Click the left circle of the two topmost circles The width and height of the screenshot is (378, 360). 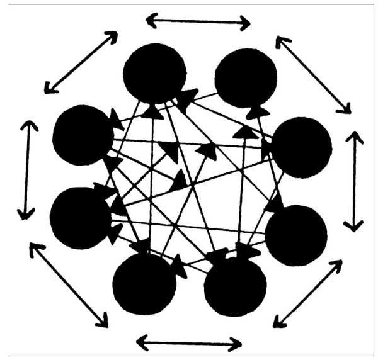(x=154, y=72)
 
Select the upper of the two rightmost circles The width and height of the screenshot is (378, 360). (x=301, y=147)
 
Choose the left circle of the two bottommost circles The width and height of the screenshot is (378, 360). (x=144, y=284)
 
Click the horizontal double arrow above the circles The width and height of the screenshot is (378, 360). (x=198, y=23)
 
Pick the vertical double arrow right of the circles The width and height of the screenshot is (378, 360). (x=355, y=181)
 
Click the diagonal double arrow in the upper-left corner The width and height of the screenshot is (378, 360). (x=80, y=62)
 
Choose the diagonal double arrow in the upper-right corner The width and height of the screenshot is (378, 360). (x=313, y=74)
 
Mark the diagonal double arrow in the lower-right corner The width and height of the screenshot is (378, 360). (x=307, y=293)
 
